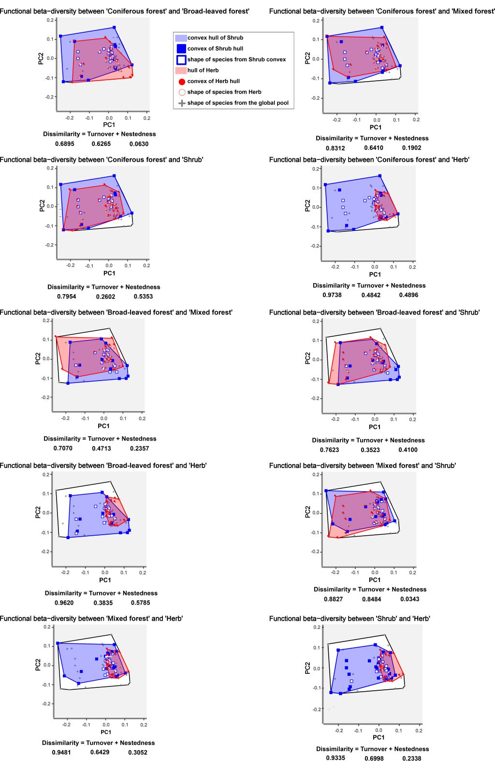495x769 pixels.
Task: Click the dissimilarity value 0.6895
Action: [x=67, y=144]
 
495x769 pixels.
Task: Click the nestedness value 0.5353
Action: [x=143, y=297]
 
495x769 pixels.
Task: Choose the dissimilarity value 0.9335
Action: [x=335, y=758]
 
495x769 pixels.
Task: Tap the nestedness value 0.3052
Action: [x=138, y=752]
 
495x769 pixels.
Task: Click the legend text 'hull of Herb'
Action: [x=204, y=71]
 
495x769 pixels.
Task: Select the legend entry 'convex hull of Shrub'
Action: [x=215, y=38]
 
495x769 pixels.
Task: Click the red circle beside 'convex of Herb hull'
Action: [x=181, y=81]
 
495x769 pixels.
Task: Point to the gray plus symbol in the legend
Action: [x=181, y=103]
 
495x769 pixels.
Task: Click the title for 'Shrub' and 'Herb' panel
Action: [x=349, y=618]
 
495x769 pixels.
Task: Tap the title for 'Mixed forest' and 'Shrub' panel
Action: [x=363, y=466]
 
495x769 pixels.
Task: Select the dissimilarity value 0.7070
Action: [x=63, y=448]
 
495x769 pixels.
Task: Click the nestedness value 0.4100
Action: [x=408, y=450]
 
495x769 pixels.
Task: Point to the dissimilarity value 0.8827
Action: [x=334, y=599]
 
